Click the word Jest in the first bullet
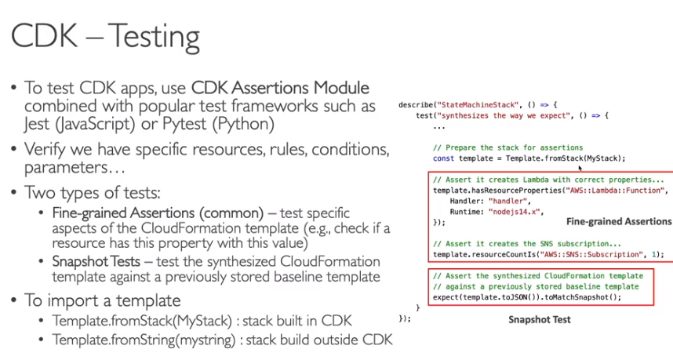point(37,124)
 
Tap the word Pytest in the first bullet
point(185,125)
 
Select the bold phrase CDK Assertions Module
point(280,88)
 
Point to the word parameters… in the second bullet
point(75,168)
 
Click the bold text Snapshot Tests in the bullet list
point(96,261)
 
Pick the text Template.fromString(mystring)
point(144,340)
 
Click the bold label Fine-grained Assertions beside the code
point(619,221)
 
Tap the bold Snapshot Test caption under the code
point(540,320)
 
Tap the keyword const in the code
point(443,158)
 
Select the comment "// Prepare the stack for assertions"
point(507,147)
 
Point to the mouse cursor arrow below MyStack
point(580,168)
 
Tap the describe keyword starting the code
point(416,104)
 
